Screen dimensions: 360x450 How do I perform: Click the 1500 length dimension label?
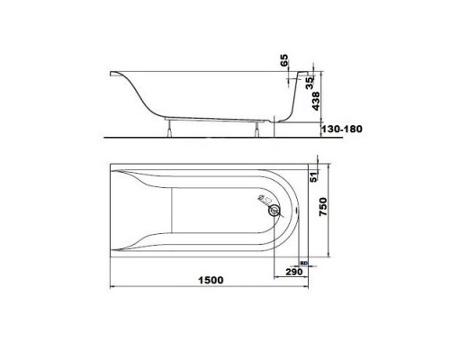tap(208, 280)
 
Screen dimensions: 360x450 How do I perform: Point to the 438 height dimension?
tap(313, 104)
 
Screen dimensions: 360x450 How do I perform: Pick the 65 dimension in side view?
tap(283, 62)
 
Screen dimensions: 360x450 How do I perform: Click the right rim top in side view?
tap(301, 72)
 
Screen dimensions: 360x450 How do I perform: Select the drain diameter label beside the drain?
tap(261, 200)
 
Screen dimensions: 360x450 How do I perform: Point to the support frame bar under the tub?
tap(216, 119)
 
